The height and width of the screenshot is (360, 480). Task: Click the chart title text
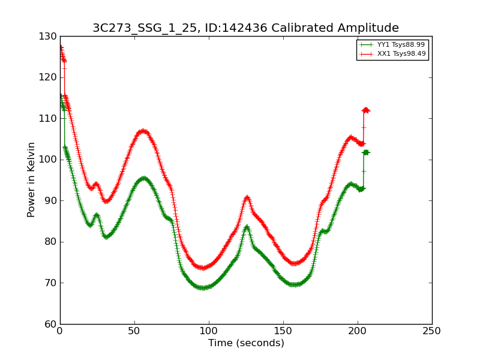245,28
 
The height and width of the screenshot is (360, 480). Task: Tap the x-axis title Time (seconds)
246,343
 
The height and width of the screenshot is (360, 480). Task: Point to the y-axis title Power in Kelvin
31,179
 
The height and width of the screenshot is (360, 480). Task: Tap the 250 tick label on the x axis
432,331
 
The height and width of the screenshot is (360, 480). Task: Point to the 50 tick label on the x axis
134,331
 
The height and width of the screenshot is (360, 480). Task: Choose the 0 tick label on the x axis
60,331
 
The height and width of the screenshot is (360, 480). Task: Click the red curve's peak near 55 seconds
142,131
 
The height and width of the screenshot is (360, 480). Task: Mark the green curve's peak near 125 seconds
247,227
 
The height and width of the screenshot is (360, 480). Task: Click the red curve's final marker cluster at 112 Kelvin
365,110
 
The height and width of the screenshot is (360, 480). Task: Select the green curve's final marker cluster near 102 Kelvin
365,152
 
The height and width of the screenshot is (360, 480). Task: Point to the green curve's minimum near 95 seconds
203,288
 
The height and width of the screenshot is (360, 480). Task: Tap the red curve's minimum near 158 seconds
295,263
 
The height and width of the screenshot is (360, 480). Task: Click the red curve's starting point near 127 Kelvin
61,47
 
